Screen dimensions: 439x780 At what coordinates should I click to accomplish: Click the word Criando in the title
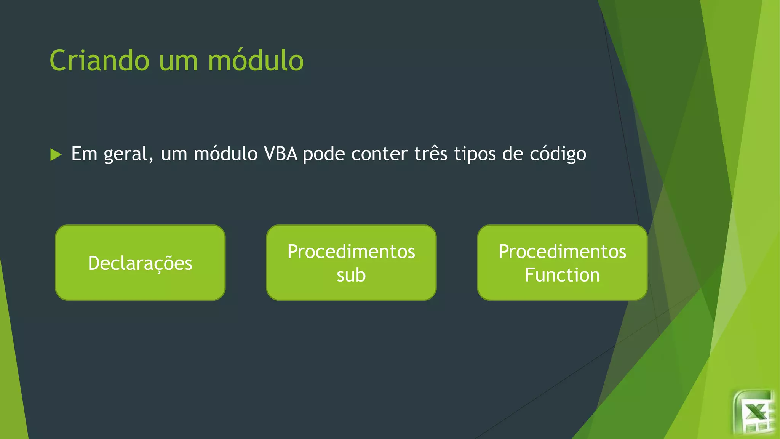[99, 61]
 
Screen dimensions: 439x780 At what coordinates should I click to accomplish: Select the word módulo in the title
[256, 61]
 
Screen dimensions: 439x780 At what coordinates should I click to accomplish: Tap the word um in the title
[178, 61]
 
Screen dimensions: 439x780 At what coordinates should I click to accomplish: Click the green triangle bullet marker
[56, 155]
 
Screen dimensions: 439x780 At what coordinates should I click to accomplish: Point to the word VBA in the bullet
[281, 154]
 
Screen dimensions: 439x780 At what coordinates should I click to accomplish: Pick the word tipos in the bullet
[475, 154]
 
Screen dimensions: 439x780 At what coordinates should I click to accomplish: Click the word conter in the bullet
[379, 154]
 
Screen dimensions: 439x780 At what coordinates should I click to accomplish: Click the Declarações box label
[140, 263]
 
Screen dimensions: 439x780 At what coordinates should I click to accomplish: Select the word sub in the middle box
[351, 275]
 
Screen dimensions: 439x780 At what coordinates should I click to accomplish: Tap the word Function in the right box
[562, 275]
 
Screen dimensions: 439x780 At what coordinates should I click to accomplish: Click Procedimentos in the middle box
[351, 252]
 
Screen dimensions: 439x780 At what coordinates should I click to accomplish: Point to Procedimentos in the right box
[562, 252]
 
